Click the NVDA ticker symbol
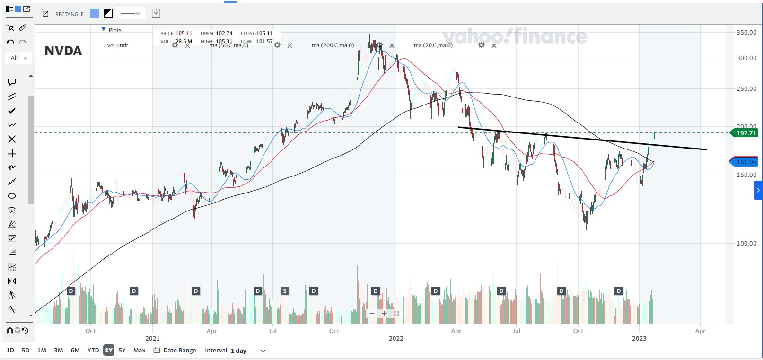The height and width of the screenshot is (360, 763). tap(63, 51)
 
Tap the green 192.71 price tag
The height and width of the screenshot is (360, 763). tap(746, 133)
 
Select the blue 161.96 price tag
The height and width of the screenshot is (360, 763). tap(746, 162)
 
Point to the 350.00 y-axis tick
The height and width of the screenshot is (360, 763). tap(746, 32)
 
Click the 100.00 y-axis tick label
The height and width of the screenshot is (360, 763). tap(746, 243)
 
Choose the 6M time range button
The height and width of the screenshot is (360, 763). tap(75, 351)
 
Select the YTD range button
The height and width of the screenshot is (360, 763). tap(93, 351)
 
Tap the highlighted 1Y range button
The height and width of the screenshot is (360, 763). tap(109, 351)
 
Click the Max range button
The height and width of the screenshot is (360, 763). tap(139, 351)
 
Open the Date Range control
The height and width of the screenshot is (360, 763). tap(175, 351)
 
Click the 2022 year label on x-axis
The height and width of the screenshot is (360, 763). tap(396, 338)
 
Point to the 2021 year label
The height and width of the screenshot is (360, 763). tap(152, 338)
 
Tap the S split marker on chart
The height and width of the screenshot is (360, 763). tap(284, 291)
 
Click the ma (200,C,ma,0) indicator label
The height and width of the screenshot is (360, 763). tap(333, 45)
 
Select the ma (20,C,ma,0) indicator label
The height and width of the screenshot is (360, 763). tap(433, 45)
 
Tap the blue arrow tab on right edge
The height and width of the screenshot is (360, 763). tap(758, 190)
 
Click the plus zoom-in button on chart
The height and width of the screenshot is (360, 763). tap(384, 314)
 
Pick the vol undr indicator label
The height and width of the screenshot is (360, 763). tap(118, 45)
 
